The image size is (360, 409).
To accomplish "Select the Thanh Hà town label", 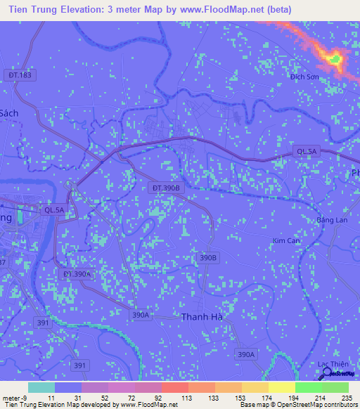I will tap(202, 317).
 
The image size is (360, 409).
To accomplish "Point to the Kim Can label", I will tap(285, 240).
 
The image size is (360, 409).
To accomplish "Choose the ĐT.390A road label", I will tap(77, 273).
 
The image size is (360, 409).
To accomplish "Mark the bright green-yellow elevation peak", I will tap(335, 59).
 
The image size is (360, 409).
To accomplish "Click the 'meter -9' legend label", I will tap(15, 397).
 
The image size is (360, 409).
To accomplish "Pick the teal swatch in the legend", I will tap(41, 387).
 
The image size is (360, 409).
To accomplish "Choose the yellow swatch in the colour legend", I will tap(281, 387).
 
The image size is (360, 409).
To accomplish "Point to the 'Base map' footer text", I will tap(254, 405).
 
